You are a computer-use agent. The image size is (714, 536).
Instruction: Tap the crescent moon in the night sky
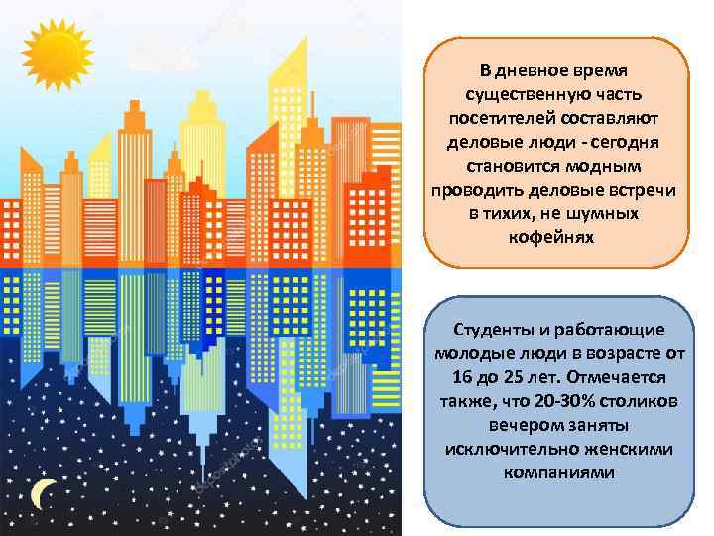[42, 493]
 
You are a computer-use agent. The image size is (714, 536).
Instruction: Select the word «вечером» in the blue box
[525, 425]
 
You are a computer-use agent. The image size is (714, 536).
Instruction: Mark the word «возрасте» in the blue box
[614, 353]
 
